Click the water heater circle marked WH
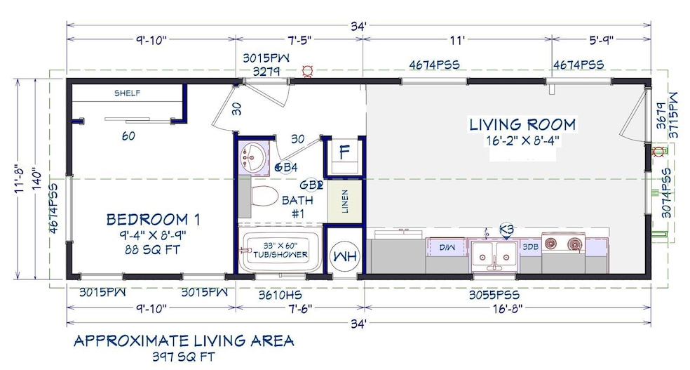345,256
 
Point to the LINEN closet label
345,201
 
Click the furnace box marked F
344,152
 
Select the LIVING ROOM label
522,125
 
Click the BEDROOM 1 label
153,219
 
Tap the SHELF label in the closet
127,93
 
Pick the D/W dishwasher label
447,248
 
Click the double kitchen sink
493,256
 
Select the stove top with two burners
563,244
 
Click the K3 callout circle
506,229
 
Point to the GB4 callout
285,167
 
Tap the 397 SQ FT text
184,357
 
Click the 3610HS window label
280,294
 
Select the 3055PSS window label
494,294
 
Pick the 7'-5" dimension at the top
299,40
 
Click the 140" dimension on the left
36,178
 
